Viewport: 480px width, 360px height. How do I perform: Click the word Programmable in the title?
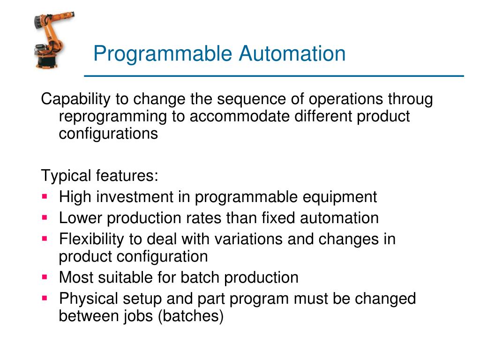coord(163,53)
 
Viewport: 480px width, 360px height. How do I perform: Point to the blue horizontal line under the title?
coord(274,75)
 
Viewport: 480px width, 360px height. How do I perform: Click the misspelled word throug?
coord(410,99)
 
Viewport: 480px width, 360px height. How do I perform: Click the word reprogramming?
coord(113,116)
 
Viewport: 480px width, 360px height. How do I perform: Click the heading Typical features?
coord(100,176)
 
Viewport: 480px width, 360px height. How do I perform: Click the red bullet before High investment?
coord(45,196)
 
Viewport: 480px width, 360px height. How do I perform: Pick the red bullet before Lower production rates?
coord(45,217)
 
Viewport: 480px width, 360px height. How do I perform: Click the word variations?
coord(248,239)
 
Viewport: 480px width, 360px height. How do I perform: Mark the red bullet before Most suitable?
coord(45,277)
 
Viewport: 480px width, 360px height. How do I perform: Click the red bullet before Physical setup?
coord(45,298)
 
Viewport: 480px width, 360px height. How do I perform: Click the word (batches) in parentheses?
coord(190,315)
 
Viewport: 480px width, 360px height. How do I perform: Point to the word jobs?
coord(139,315)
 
